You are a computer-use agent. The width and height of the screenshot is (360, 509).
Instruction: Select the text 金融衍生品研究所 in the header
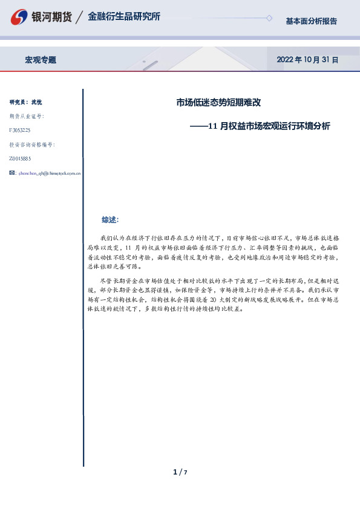coord(123,17)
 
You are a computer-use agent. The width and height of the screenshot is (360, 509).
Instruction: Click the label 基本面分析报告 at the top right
coord(311,21)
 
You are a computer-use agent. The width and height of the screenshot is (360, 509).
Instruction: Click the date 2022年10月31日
coord(307,60)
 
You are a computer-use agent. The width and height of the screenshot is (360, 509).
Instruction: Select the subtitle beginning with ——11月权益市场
coord(260,126)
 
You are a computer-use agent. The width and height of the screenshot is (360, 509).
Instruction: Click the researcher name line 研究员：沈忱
coord(25,102)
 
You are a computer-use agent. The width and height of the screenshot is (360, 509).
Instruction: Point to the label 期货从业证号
coord(27,116)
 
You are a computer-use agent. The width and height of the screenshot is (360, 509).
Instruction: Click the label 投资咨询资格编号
coord(32,144)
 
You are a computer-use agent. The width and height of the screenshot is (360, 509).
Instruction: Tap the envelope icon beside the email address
coord(13,173)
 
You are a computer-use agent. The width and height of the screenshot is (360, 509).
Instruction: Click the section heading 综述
coord(110,219)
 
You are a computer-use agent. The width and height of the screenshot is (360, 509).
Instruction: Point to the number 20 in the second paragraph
coord(218,300)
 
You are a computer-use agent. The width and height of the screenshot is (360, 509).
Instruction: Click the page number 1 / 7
coord(180,472)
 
